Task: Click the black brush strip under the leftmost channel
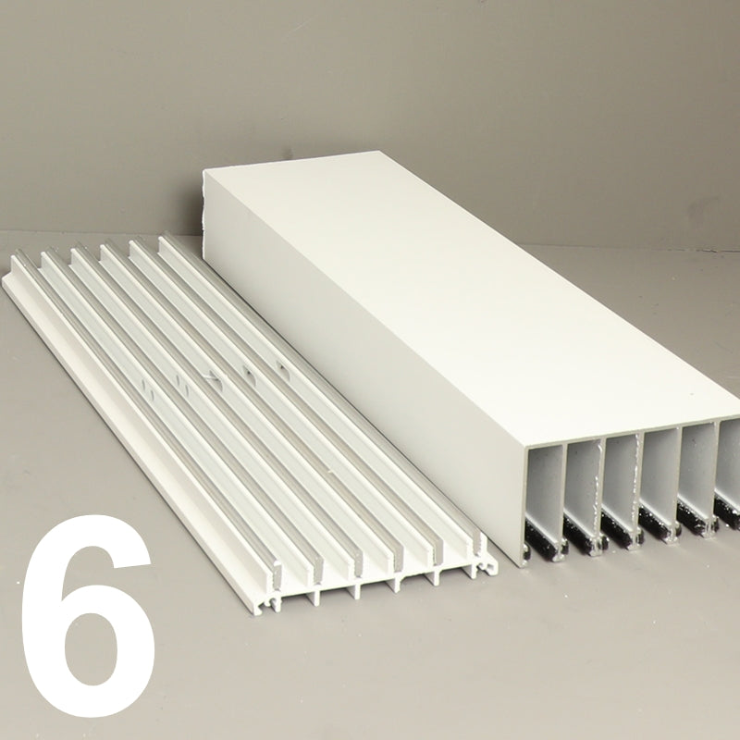(547, 538)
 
